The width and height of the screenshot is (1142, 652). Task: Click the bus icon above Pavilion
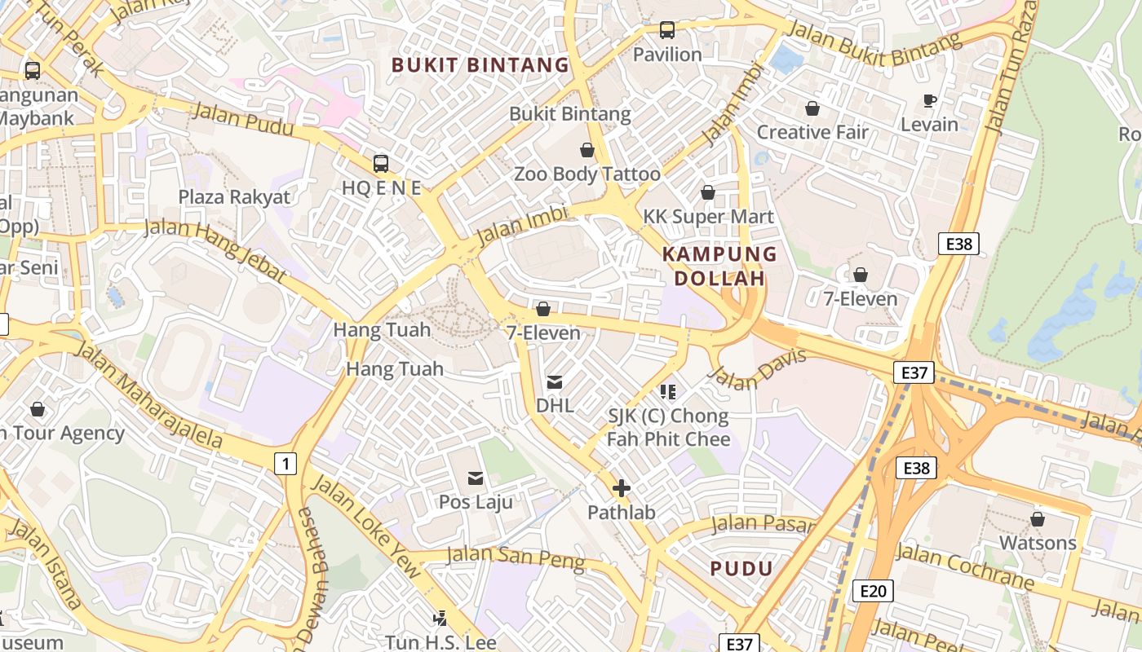(x=667, y=30)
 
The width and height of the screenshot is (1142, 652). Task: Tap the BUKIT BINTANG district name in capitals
(x=480, y=65)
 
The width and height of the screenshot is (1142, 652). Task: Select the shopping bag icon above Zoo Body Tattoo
(x=586, y=150)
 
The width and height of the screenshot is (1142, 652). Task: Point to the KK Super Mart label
(x=708, y=217)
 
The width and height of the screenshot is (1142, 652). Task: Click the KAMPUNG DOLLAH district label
(x=719, y=266)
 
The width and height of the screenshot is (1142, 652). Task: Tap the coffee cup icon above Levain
(x=929, y=100)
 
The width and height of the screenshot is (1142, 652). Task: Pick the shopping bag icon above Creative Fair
(x=812, y=108)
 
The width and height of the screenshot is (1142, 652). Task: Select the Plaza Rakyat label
(x=234, y=197)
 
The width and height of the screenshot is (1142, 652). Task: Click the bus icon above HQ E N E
(x=381, y=163)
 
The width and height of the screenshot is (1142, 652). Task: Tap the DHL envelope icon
(x=555, y=381)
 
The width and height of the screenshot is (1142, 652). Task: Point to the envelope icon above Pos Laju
(x=476, y=478)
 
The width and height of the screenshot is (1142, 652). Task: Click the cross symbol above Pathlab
(x=622, y=488)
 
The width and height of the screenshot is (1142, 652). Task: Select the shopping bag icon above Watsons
(x=1038, y=519)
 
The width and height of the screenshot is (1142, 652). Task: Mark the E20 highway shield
(x=872, y=591)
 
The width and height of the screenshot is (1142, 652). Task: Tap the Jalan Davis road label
(x=758, y=368)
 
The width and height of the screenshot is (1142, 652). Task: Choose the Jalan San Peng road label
(x=516, y=557)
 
